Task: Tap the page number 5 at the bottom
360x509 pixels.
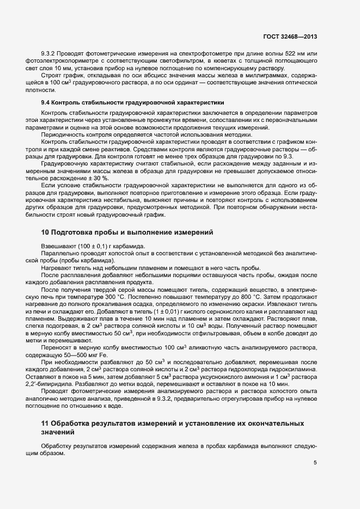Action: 315,463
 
